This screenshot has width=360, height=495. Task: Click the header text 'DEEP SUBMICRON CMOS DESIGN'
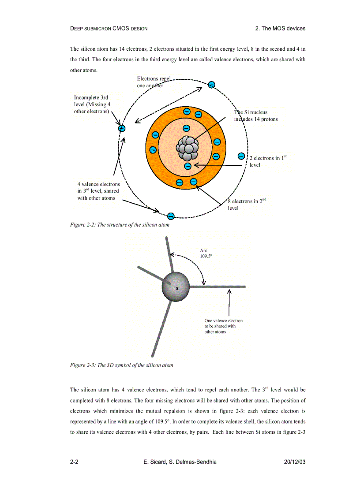109,29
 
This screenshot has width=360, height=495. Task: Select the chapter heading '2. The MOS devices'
280,28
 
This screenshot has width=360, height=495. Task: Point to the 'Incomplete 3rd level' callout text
92,104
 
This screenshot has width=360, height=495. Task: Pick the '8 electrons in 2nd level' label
247,205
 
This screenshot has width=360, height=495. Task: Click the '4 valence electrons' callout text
98,191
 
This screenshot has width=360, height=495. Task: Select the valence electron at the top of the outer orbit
212,85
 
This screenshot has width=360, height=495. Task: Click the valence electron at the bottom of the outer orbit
171,216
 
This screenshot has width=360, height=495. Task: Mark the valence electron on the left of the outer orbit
122,129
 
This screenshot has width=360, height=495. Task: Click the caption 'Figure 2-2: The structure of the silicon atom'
120,225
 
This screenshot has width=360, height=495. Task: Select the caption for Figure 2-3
121,365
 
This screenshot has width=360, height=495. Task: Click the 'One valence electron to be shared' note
223,326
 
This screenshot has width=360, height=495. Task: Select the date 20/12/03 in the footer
294,462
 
